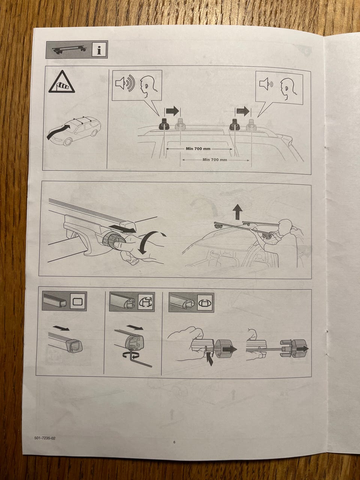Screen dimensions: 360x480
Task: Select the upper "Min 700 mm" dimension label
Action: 198,149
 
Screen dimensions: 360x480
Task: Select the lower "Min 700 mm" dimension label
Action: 215,160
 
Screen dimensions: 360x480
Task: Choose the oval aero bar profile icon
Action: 206,303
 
